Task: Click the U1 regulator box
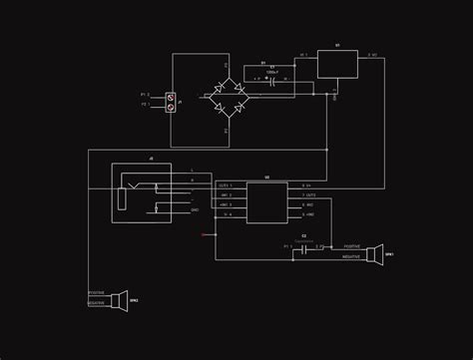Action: pyautogui.click(x=337, y=64)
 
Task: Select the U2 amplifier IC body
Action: pyautogui.click(x=267, y=203)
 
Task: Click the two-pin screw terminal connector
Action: pyautogui.click(x=171, y=101)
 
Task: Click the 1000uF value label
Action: pyautogui.click(x=271, y=72)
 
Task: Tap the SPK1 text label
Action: pyautogui.click(x=388, y=253)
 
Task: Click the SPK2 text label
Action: pyautogui.click(x=134, y=298)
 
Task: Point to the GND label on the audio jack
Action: pyautogui.click(x=194, y=209)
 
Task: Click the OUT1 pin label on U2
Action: pyautogui.click(x=225, y=185)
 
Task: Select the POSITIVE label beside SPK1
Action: pyautogui.click(x=352, y=245)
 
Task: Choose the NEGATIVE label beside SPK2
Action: pyautogui.click(x=96, y=302)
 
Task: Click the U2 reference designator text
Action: pyautogui.click(x=266, y=178)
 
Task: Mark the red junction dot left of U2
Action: pyautogui.click(x=203, y=234)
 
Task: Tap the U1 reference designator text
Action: pyautogui.click(x=337, y=46)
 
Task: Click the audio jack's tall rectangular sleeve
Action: pyautogui.click(x=122, y=196)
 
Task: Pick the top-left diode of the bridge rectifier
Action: pyautogui.click(x=217, y=89)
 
